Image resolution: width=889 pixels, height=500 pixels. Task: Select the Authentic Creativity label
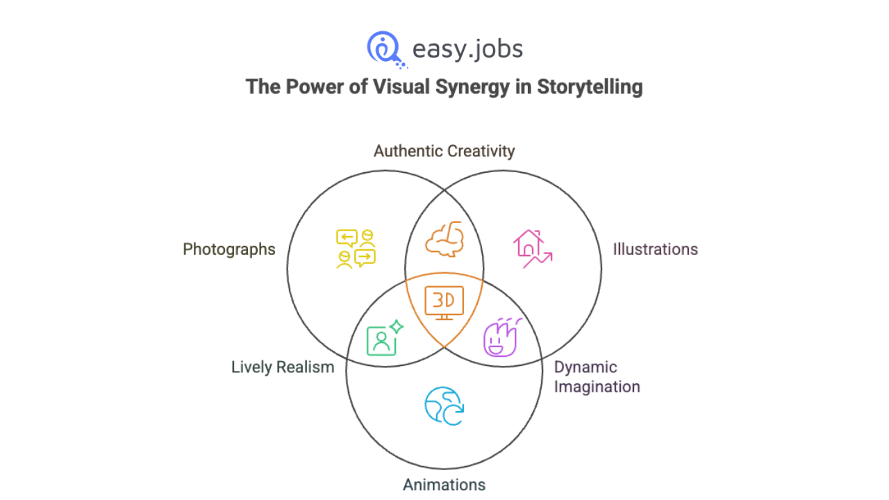tap(444, 151)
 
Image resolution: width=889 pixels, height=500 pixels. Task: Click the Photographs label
tap(229, 249)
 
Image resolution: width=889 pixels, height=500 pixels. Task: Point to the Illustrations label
tap(655, 249)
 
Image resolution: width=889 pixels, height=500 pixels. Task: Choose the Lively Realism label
tap(283, 367)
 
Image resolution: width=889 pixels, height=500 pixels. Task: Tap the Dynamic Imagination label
tap(597, 376)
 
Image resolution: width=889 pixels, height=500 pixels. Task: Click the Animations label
tap(444, 484)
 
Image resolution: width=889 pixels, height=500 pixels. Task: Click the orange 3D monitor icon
tap(444, 302)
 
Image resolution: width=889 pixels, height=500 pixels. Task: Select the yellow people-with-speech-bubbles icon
tap(356, 249)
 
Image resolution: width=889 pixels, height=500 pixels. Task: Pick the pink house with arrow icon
tap(532, 249)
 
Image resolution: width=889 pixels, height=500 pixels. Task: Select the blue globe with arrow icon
tap(444, 406)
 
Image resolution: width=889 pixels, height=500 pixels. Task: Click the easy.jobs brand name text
tap(467, 49)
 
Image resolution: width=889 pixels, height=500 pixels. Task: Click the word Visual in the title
tap(371, 87)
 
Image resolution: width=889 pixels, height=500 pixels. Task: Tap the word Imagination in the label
tap(597, 387)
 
